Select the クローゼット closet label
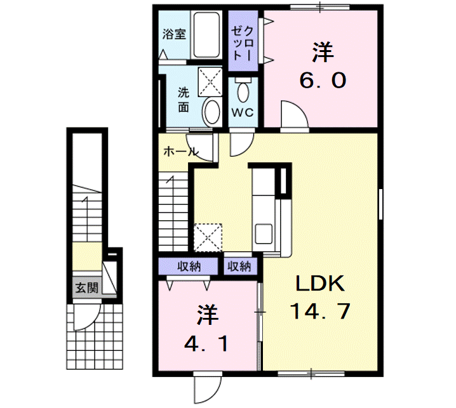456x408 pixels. point(244,43)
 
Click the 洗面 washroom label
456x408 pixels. point(184,99)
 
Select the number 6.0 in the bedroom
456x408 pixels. point(323,80)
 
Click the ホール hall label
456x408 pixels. point(181,152)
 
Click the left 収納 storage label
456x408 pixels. point(187,266)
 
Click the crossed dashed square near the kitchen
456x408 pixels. point(208,237)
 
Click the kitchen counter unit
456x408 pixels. point(263,209)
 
